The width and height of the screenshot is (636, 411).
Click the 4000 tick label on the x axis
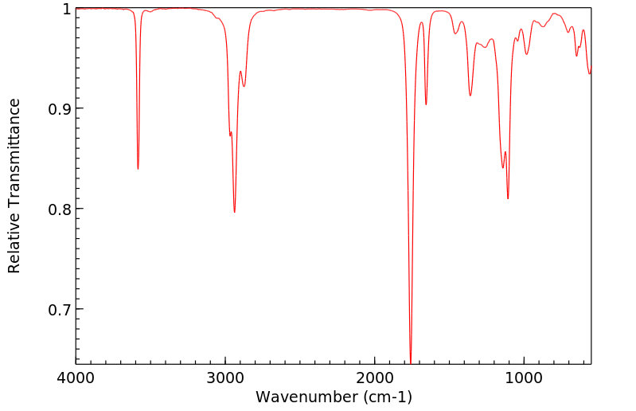[x=76, y=379]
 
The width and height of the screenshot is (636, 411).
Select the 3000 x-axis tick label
[x=225, y=379]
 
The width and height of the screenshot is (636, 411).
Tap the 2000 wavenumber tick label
[x=375, y=379]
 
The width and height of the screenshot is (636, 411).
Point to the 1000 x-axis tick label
[x=524, y=379]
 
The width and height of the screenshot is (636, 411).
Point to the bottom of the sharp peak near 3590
[x=138, y=169]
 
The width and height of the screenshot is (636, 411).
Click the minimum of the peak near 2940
[x=234, y=212]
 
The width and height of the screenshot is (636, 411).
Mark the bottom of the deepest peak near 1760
[x=411, y=362]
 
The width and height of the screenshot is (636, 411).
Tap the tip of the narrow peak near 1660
[x=426, y=104]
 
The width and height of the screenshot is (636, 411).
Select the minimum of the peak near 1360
[x=470, y=96]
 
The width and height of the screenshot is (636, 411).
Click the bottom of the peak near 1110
[x=508, y=198]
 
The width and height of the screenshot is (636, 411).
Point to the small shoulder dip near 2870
[x=244, y=86]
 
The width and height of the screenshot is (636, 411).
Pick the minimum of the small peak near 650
[x=577, y=55]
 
